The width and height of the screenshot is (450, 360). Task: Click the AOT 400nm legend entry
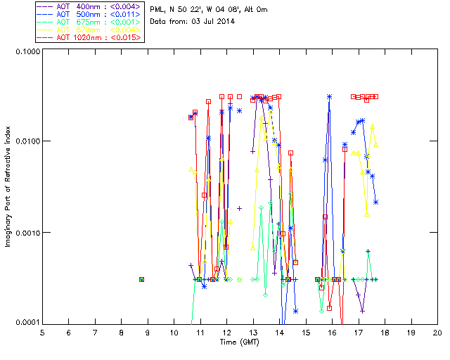(90, 6)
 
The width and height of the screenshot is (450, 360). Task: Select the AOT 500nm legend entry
(90, 14)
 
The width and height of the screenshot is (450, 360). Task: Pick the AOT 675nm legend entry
(90, 22)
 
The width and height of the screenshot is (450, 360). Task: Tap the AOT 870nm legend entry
(90, 30)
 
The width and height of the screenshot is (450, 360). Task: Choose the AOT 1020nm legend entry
(90, 37)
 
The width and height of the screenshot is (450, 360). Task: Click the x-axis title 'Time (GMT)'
(239, 342)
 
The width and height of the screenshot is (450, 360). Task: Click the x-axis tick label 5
(42, 333)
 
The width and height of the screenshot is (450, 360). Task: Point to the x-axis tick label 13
(253, 333)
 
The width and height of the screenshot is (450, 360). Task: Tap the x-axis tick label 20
(437, 333)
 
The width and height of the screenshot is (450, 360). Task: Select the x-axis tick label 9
(148, 333)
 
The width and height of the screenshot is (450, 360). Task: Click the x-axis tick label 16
(332, 333)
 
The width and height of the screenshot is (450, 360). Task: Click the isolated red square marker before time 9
(142, 279)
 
